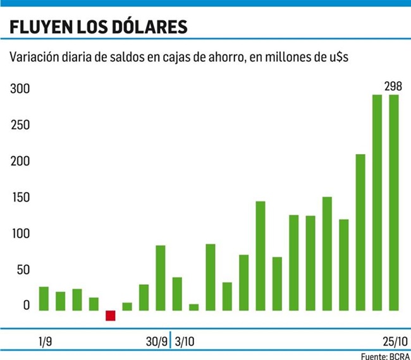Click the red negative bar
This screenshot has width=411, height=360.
coord(111,315)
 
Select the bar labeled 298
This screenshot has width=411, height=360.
coord(393,202)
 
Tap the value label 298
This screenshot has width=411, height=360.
coord(393,86)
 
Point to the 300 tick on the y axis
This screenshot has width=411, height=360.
coord(20,89)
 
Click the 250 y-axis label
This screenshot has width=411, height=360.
coord(20,125)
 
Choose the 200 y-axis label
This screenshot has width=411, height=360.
coord(20,162)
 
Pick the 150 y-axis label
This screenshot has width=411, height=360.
coord(20,198)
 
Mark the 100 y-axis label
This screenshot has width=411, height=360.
coord(20,234)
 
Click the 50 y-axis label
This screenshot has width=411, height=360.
coord(22,270)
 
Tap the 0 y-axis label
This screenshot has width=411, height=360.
coord(26,306)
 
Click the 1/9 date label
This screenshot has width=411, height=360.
coord(45,342)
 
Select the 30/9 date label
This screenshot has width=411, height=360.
coord(156,342)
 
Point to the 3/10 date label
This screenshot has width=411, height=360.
coord(185,342)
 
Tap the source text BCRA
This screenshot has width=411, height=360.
coord(398,356)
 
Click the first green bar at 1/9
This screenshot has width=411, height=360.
coord(44,299)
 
